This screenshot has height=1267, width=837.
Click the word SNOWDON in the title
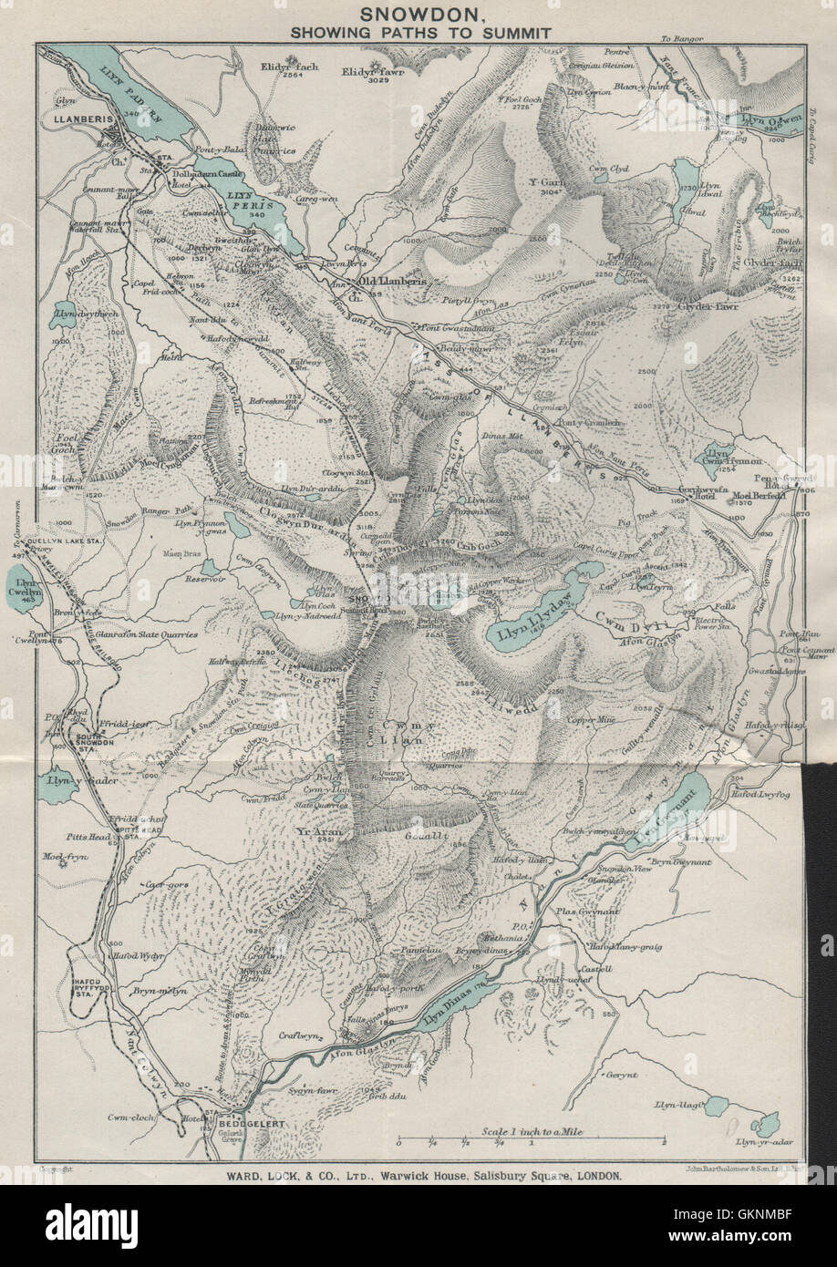point(418,14)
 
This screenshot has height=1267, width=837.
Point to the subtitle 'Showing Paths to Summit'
point(418,32)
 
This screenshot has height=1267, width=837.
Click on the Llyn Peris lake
point(255,210)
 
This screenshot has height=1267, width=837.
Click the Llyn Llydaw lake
point(533,625)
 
